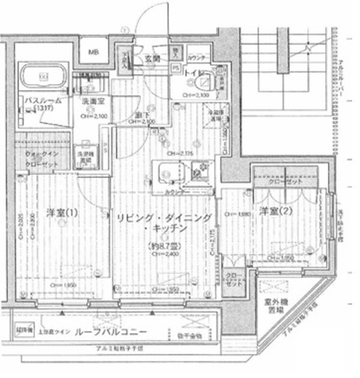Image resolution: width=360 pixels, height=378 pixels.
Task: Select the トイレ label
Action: (191, 73)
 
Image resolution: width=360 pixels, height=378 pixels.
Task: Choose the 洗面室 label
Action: (92, 102)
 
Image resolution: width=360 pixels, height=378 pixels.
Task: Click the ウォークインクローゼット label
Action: (41, 158)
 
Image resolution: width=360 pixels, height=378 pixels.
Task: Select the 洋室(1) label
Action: (61, 212)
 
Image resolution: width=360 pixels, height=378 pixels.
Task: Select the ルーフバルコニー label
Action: (111, 331)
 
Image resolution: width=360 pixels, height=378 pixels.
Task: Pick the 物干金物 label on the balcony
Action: (189, 335)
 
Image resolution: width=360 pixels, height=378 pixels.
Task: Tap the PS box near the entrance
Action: (175, 68)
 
